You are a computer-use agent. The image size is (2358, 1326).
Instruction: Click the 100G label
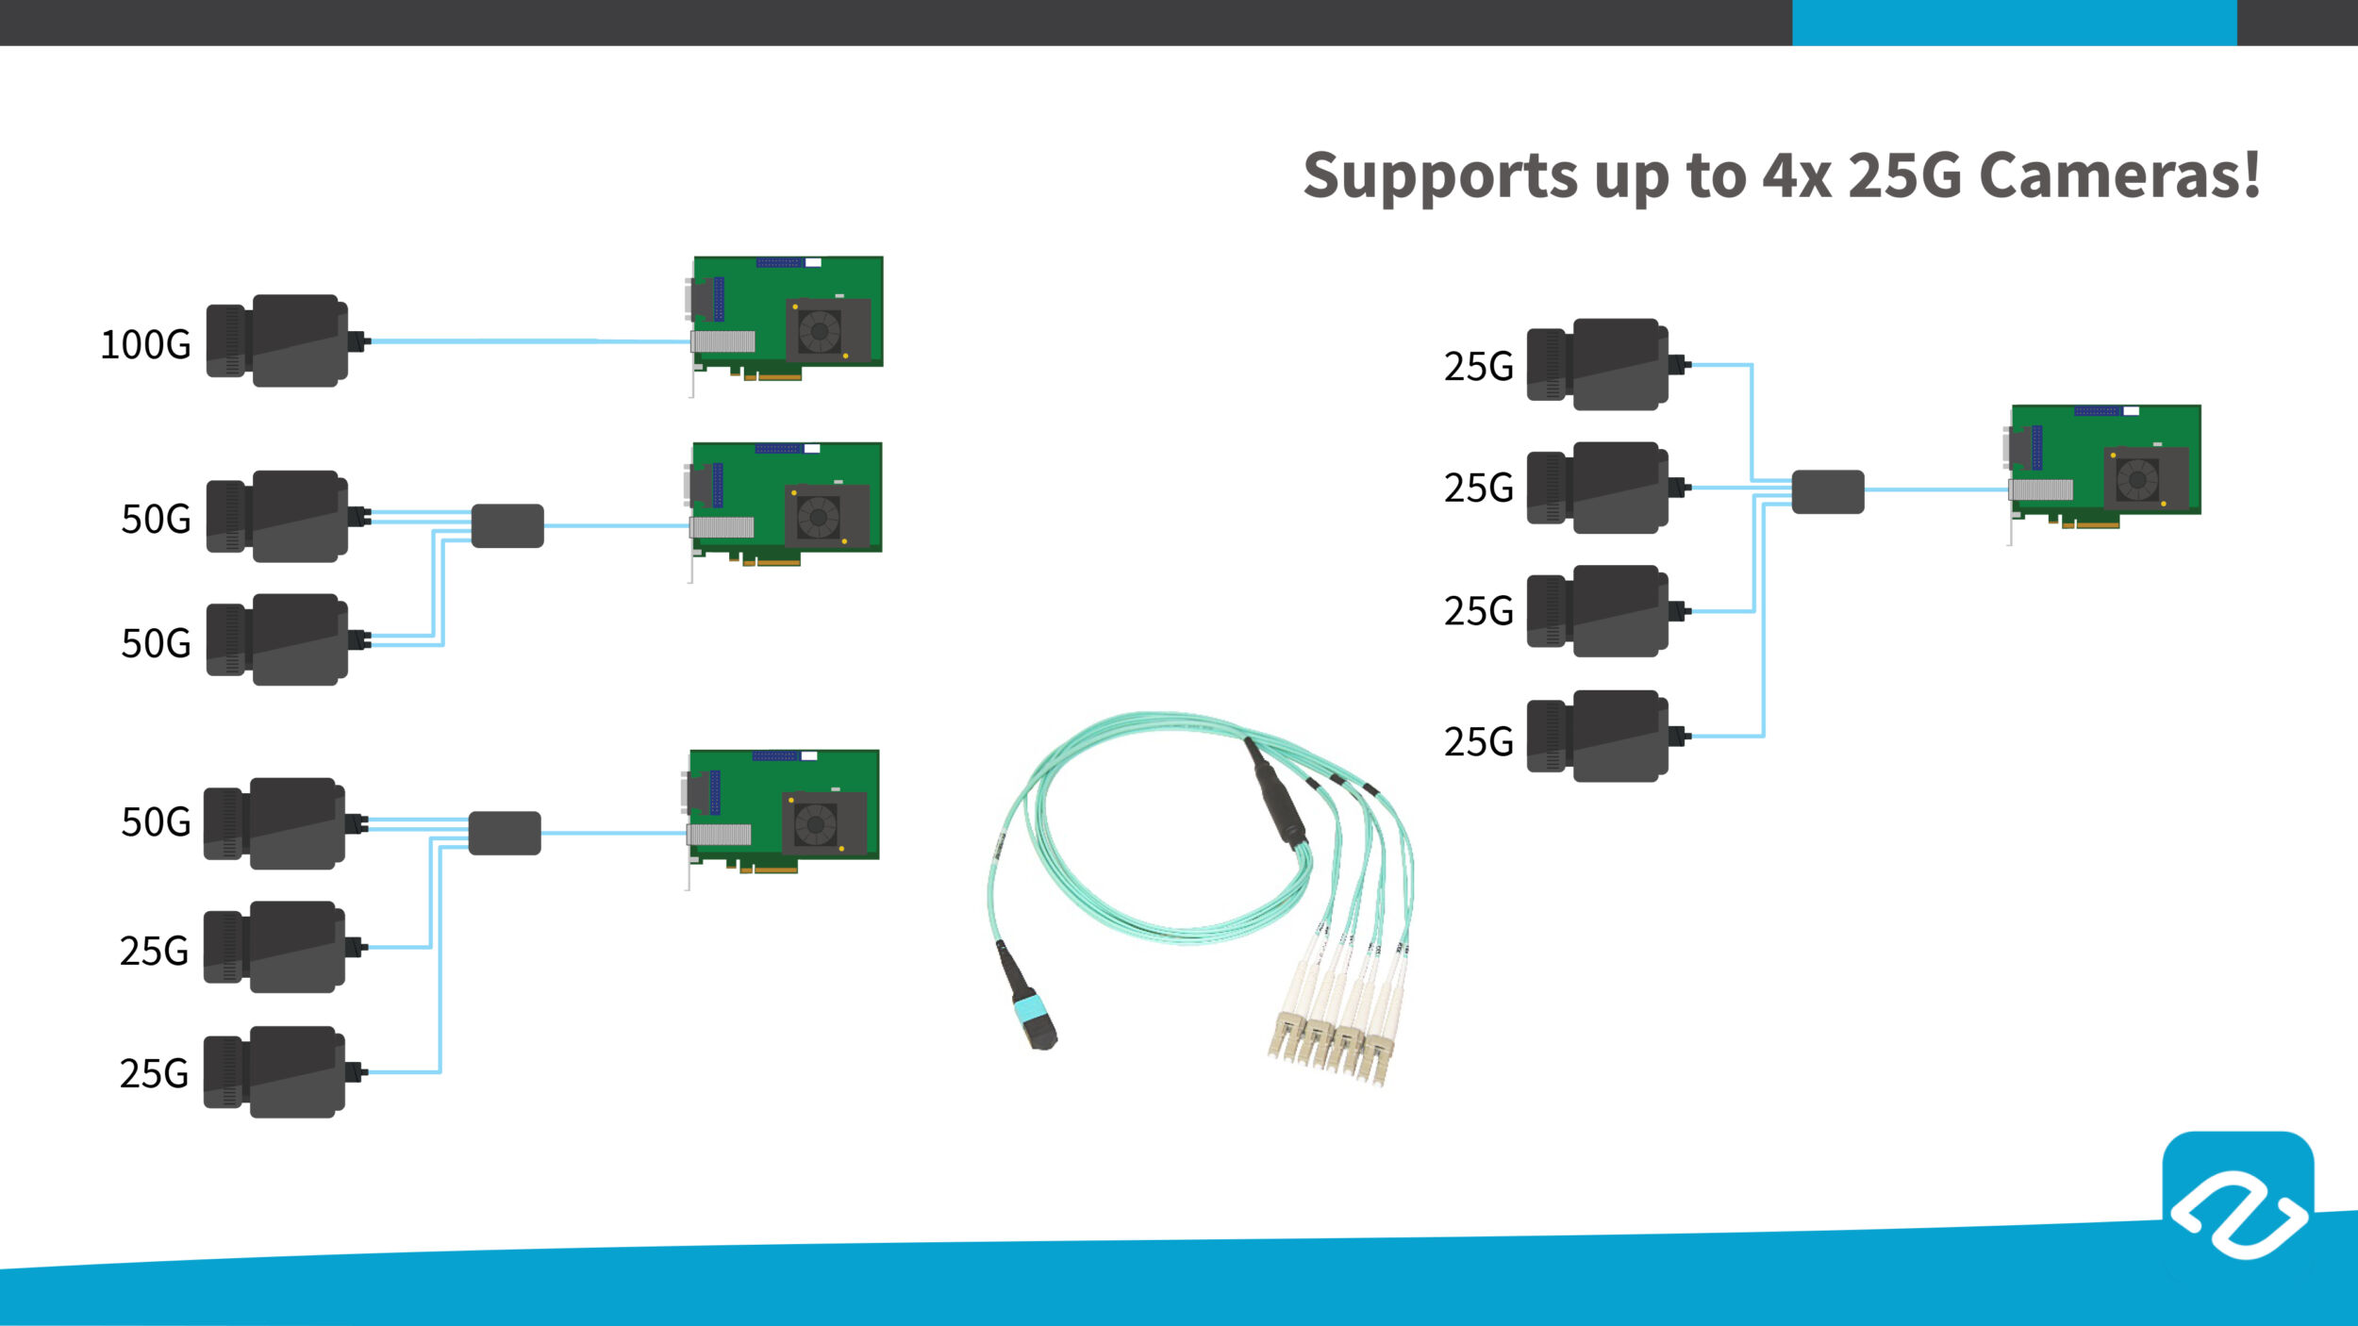tap(145, 345)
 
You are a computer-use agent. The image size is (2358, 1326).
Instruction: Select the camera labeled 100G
tap(278, 340)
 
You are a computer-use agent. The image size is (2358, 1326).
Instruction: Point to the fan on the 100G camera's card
tap(819, 331)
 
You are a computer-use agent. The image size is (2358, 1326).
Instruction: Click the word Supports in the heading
tap(1439, 177)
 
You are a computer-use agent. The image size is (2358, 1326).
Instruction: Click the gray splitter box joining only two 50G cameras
tap(507, 526)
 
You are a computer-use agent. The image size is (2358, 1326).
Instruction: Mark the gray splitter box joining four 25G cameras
tap(1828, 491)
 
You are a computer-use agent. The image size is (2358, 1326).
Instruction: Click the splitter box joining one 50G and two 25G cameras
tap(505, 833)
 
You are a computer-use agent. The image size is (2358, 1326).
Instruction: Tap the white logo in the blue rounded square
tap(2239, 1214)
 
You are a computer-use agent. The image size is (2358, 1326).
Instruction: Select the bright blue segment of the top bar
tap(2014, 23)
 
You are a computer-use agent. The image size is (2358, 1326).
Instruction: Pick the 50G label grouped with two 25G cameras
tap(156, 822)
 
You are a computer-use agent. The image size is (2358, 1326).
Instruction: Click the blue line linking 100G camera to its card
tap(528, 340)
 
